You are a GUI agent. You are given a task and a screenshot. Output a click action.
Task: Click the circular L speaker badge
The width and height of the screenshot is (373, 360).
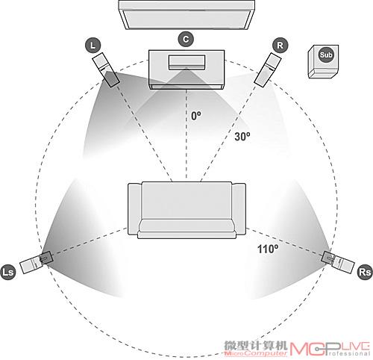[x=93, y=46]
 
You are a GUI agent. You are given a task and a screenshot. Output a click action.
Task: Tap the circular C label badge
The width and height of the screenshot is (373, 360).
[x=186, y=40]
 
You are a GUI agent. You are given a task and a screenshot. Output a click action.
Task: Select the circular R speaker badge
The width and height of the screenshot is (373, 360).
[x=280, y=46]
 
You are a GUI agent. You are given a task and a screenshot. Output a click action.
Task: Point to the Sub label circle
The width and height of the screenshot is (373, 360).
[x=326, y=55]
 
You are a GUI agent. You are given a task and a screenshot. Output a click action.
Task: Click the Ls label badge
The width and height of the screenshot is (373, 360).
[x=7, y=272]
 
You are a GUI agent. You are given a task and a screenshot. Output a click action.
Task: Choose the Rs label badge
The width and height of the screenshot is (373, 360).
[x=365, y=272]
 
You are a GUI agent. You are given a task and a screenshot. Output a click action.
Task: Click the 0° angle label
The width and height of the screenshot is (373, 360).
[x=196, y=116]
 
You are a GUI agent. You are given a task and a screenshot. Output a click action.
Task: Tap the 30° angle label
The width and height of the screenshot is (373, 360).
[x=242, y=137]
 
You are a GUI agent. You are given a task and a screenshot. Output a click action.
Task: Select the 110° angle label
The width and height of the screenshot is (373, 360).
[x=268, y=249]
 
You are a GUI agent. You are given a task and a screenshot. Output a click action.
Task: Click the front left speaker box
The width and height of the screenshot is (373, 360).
[x=106, y=70]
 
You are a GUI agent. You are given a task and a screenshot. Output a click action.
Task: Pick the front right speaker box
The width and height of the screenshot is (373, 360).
[x=268, y=70]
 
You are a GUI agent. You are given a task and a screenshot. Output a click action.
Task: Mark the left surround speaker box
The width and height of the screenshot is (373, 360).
[x=37, y=262]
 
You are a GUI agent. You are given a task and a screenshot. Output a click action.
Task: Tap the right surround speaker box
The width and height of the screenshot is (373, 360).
[x=338, y=262]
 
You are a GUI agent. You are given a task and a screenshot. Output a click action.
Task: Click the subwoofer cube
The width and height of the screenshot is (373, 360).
[x=323, y=62]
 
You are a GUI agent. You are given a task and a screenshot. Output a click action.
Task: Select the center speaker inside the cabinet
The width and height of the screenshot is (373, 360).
[x=186, y=62]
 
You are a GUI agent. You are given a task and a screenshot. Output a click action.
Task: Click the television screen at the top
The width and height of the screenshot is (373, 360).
[x=186, y=15]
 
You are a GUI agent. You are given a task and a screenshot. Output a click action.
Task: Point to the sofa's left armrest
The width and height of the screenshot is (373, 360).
[x=135, y=208]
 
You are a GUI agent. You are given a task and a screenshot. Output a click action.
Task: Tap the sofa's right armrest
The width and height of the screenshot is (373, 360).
[x=239, y=208]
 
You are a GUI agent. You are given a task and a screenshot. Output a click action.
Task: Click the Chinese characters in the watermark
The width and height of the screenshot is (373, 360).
[x=256, y=346]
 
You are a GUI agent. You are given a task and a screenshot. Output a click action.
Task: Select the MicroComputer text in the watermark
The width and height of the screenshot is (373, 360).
[x=256, y=353]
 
